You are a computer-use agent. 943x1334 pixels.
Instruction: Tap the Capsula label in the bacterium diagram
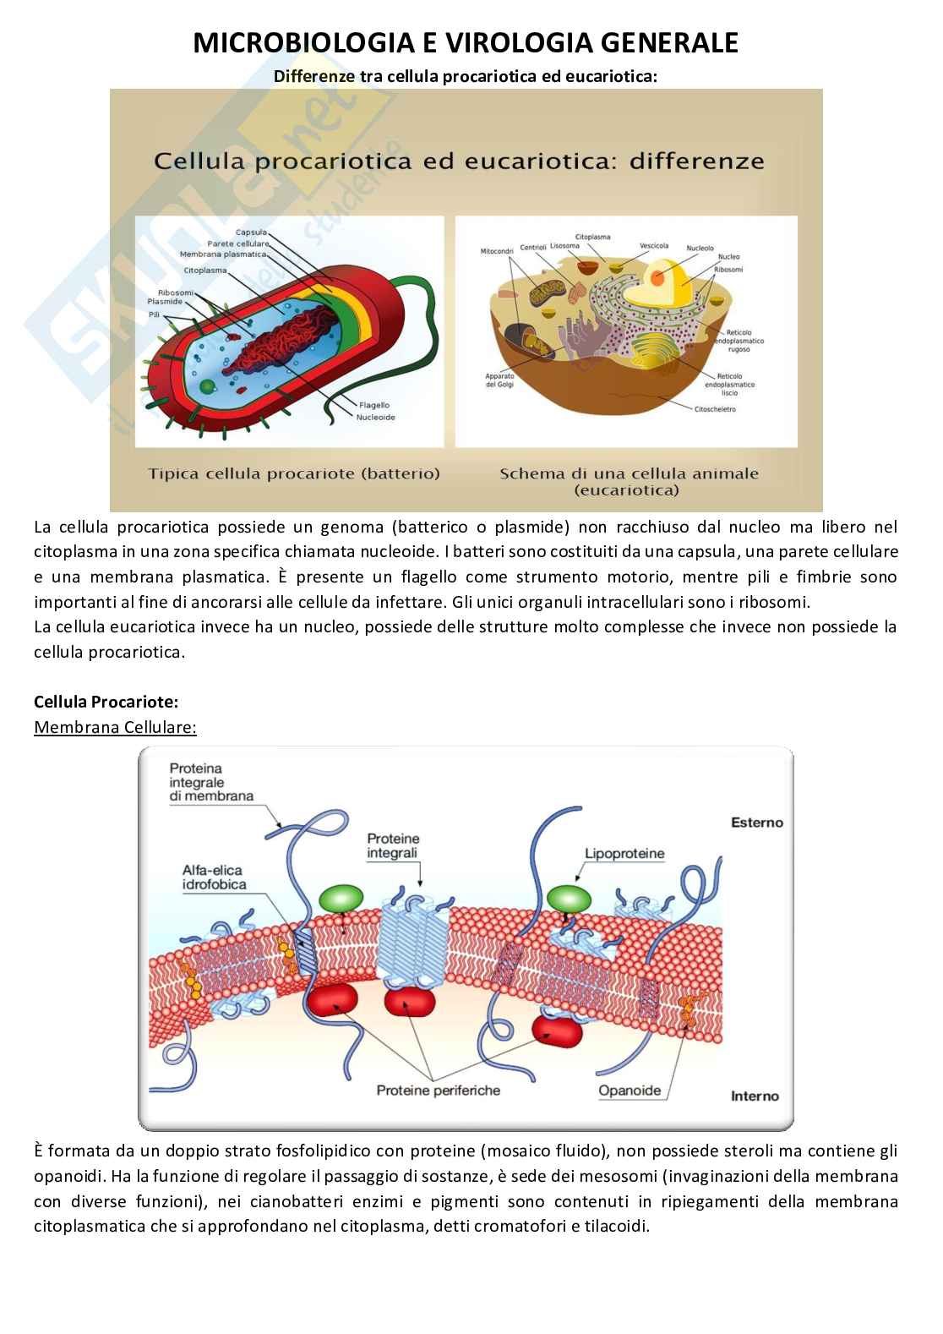point(251,232)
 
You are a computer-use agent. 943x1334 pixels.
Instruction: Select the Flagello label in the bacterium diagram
point(373,405)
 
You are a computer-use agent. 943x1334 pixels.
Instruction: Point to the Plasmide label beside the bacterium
point(164,302)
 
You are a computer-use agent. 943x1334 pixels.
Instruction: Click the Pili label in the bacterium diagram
point(154,314)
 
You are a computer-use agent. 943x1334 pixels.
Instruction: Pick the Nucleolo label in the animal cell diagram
point(700,249)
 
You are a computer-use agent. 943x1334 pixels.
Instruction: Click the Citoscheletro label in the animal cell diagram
point(715,409)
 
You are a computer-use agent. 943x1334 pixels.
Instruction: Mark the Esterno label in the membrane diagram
point(756,822)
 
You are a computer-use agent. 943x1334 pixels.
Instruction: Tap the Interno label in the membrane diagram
point(755,1096)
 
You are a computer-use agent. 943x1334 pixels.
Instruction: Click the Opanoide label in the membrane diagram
point(629,1090)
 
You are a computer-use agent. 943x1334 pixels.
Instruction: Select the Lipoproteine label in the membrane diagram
point(624,853)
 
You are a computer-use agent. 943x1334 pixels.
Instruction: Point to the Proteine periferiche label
point(438,1090)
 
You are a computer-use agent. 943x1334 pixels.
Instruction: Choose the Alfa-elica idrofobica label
point(214,877)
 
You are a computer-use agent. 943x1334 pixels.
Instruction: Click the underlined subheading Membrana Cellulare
point(115,727)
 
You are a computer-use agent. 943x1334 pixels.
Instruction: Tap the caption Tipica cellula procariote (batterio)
point(294,473)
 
